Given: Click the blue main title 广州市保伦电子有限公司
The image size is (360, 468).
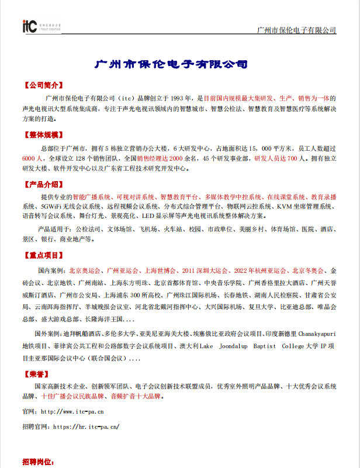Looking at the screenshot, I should pos(171,64).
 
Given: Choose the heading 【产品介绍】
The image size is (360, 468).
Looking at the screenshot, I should pos(43,185).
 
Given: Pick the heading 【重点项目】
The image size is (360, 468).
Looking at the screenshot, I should pos(43,255).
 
